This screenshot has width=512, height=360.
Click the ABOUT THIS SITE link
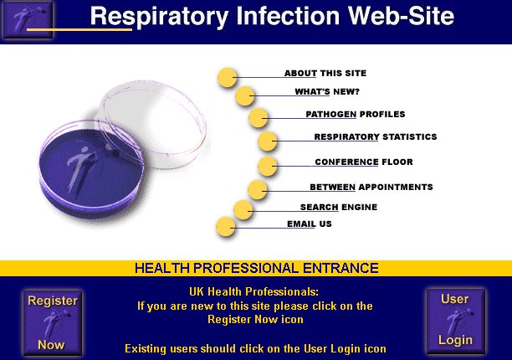(x=325, y=73)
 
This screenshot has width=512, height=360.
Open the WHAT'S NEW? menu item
(x=327, y=92)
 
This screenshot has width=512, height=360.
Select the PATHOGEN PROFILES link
(x=356, y=115)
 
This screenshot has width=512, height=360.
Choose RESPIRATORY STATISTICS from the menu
(x=376, y=136)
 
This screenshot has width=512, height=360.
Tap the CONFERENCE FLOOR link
(x=364, y=162)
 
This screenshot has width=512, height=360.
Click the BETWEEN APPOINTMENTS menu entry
(x=371, y=188)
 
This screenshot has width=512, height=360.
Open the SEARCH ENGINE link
(x=339, y=207)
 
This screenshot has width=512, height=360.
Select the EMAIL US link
(x=310, y=224)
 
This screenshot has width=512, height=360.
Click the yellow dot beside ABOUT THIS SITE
(x=228, y=78)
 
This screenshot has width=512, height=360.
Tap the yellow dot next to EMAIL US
(x=226, y=226)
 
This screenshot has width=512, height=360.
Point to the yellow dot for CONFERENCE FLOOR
(x=268, y=167)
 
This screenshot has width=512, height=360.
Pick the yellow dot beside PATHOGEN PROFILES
(x=259, y=118)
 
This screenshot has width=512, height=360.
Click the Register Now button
(x=53, y=323)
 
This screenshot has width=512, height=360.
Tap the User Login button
(x=455, y=321)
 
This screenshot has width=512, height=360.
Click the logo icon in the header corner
(x=28, y=20)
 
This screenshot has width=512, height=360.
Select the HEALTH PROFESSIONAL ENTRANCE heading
(x=257, y=268)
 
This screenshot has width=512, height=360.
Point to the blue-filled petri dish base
(x=91, y=168)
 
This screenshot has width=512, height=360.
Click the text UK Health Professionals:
(x=253, y=291)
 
